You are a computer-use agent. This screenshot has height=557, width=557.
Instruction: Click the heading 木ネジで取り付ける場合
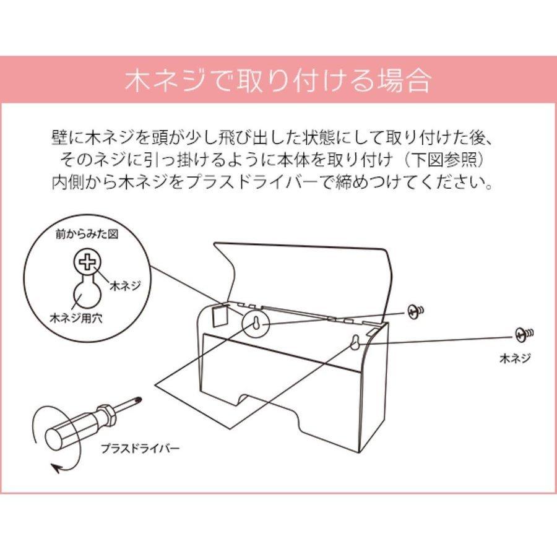click(278, 81)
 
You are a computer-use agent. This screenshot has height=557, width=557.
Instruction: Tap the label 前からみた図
click(90, 236)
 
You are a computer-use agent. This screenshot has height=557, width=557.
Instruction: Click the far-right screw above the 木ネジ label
click(523, 335)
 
